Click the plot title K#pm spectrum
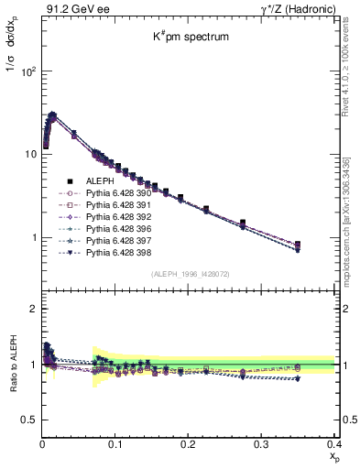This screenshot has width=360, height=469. (190, 38)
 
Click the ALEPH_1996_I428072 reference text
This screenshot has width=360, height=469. (190, 274)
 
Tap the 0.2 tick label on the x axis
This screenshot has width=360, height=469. (189, 443)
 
